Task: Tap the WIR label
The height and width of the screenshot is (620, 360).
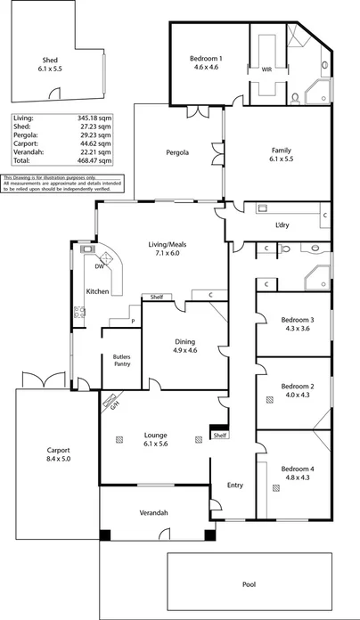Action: [266, 69]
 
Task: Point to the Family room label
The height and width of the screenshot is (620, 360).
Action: [281, 151]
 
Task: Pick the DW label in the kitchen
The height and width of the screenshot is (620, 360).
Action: [99, 266]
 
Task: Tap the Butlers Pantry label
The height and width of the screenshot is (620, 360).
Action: [122, 361]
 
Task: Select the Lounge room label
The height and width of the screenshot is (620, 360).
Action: [156, 436]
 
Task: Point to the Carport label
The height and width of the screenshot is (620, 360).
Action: [58, 450]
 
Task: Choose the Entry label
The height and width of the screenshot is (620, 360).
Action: [234, 485]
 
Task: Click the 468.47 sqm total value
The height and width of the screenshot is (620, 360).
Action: [99, 161]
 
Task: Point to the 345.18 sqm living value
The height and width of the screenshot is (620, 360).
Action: [99, 118]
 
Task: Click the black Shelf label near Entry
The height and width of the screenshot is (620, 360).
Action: [219, 436]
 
